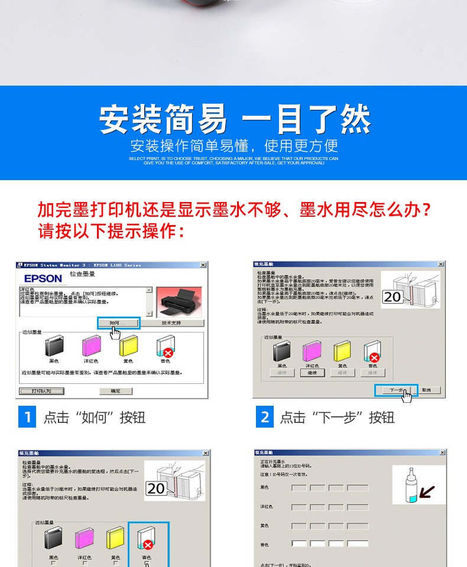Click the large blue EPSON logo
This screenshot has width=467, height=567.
pyautogui.click(x=43, y=278)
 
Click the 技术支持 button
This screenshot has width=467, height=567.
pyautogui.click(x=171, y=323)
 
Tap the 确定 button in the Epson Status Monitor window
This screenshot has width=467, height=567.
pyautogui.click(x=115, y=391)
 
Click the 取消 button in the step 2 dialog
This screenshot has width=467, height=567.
pyautogui.click(x=430, y=390)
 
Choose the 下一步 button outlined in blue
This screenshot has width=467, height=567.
pyautogui.click(x=396, y=390)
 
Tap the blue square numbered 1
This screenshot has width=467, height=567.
pyautogui.click(x=27, y=417)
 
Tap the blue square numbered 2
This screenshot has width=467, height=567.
pyautogui.click(x=264, y=417)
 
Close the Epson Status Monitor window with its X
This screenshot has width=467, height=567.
pyautogui.click(x=203, y=265)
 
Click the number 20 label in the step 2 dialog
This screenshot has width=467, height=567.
pyautogui.click(x=392, y=297)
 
